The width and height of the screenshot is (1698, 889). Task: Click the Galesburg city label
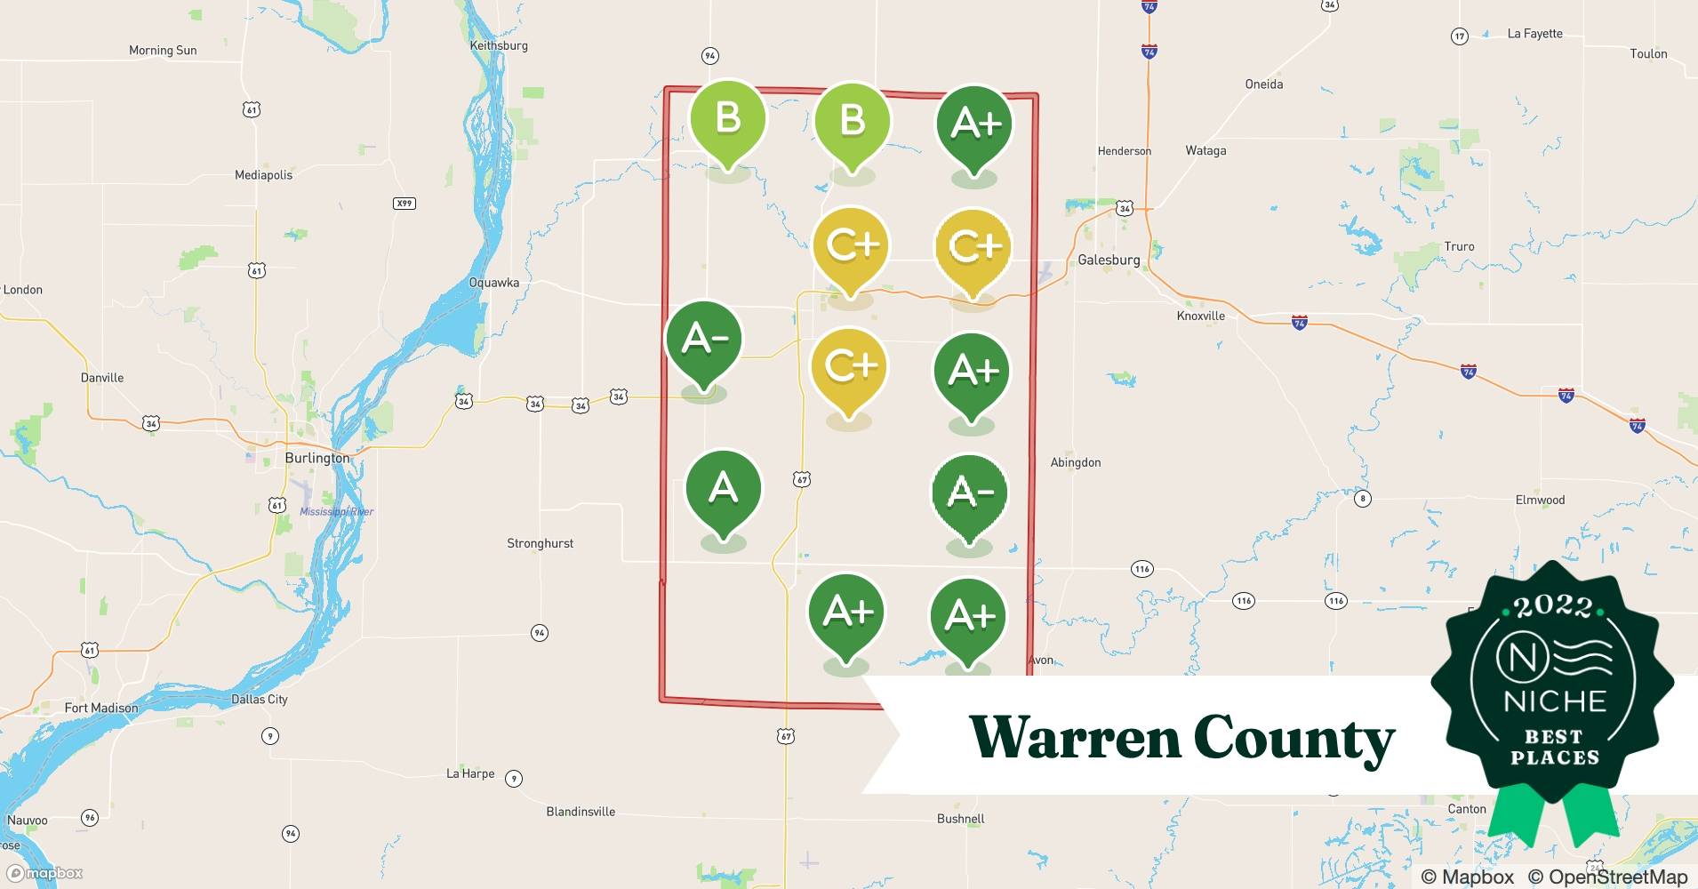point(1108,260)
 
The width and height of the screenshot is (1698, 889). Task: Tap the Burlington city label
point(316,458)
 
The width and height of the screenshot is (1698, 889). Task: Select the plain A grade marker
point(724,492)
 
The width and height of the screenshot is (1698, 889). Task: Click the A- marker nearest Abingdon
point(969,495)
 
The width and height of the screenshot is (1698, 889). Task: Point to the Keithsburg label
point(499,45)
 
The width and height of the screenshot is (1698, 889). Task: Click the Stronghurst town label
point(540,543)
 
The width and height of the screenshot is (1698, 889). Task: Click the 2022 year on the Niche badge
point(1553,606)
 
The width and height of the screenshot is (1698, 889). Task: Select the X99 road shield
point(404,204)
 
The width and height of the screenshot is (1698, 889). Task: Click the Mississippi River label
point(336,511)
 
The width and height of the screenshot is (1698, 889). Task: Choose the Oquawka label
point(493,283)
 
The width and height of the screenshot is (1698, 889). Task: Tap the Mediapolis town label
point(263,175)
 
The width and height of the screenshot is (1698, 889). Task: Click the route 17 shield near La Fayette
point(1459,36)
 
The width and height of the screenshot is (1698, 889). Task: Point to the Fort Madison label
point(101,708)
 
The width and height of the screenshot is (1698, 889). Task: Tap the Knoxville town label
point(1200,316)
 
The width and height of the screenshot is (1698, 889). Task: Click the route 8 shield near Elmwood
point(1363,499)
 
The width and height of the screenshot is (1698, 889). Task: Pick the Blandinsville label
point(581,812)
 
